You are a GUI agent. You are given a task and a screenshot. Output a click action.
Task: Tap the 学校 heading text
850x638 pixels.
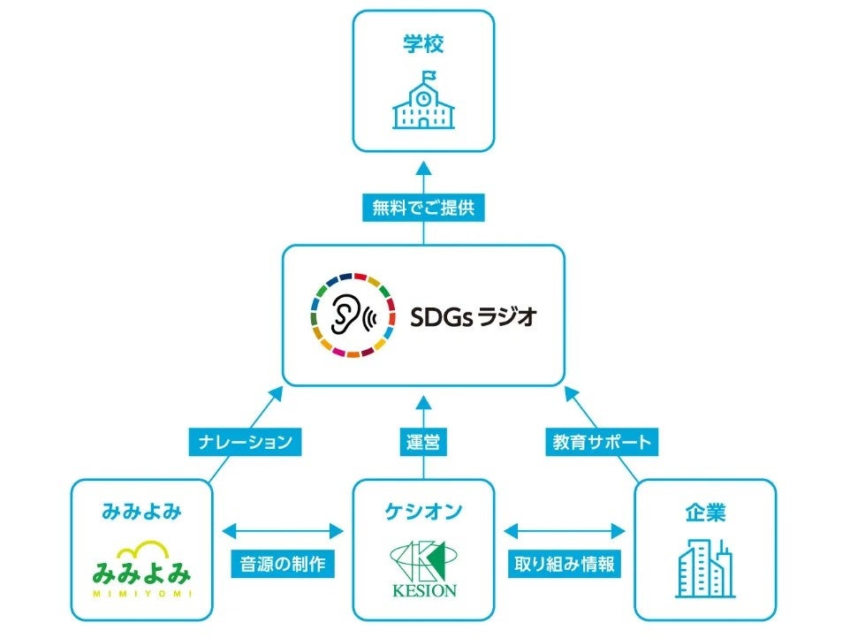point(424,45)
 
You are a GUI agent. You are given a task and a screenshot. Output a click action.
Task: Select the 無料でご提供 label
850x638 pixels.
point(424,209)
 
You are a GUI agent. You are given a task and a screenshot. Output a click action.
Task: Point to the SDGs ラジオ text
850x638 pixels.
point(473,317)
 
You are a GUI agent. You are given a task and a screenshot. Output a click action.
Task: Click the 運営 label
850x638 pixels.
point(424,441)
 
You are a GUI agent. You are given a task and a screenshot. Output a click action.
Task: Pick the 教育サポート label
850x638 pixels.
point(602,441)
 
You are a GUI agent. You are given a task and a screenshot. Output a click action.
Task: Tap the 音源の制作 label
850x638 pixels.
point(282,564)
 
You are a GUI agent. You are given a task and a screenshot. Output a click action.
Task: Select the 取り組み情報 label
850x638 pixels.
point(564,564)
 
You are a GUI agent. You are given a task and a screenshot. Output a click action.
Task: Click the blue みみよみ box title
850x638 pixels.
point(141,510)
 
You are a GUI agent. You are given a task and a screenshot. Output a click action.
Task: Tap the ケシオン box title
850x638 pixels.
point(424,510)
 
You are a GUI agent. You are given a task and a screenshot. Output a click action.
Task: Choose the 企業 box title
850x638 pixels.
point(705,510)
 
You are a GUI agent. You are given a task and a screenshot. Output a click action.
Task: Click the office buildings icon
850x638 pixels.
point(705,568)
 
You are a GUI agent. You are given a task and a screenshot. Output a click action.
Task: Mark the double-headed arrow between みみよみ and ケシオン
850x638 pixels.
point(282,531)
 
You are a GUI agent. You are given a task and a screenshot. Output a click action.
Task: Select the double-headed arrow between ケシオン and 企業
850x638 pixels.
point(564,531)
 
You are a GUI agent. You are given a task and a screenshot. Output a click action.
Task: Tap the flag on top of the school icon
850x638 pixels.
point(429,74)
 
